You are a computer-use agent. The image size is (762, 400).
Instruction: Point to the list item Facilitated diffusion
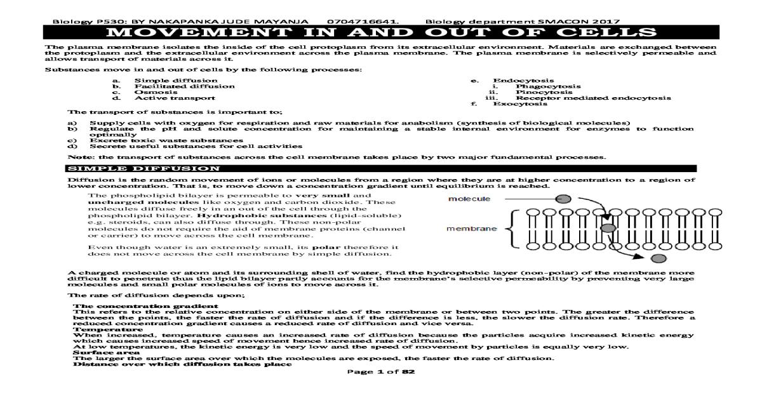(175, 86)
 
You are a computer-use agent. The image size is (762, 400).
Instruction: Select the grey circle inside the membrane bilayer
(608, 227)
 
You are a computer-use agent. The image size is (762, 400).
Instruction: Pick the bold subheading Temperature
(95, 330)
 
